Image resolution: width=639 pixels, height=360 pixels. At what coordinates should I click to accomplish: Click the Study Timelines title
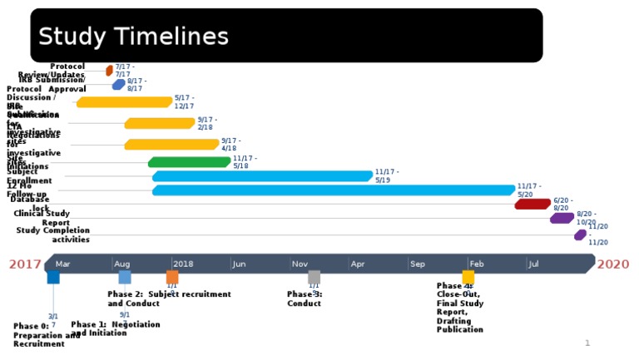133,37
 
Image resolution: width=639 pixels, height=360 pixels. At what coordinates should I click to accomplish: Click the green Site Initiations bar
190,162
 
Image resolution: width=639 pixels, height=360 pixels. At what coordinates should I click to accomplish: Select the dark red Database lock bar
532,204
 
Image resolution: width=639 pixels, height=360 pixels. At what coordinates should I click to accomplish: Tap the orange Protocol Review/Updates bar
109,71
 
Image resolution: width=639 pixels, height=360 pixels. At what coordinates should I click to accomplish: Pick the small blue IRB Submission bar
119,84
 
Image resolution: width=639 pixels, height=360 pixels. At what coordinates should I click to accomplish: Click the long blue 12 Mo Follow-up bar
333,190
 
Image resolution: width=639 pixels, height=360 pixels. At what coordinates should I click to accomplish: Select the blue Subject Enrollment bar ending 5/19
262,176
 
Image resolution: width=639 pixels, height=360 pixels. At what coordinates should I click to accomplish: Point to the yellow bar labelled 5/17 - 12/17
125,102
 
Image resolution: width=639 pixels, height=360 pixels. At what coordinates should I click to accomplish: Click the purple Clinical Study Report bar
562,218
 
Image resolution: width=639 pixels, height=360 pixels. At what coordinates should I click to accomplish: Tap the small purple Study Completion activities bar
580,234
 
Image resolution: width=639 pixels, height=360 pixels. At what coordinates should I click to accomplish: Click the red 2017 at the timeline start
25,264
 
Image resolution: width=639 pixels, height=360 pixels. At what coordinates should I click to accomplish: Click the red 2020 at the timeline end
612,264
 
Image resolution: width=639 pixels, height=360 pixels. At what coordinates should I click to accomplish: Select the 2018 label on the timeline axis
183,264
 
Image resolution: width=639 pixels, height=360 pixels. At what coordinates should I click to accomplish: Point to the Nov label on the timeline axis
300,264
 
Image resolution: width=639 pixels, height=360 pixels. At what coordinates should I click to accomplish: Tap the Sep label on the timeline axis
417,264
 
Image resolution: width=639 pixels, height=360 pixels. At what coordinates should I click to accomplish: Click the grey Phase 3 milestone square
314,277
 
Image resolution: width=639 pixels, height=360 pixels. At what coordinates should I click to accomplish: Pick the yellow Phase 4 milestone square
468,277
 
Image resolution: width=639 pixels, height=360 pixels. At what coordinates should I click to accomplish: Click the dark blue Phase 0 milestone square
53,277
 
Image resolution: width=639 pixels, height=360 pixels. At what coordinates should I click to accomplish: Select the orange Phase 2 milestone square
172,277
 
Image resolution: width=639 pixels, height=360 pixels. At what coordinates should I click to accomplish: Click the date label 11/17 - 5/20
529,190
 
